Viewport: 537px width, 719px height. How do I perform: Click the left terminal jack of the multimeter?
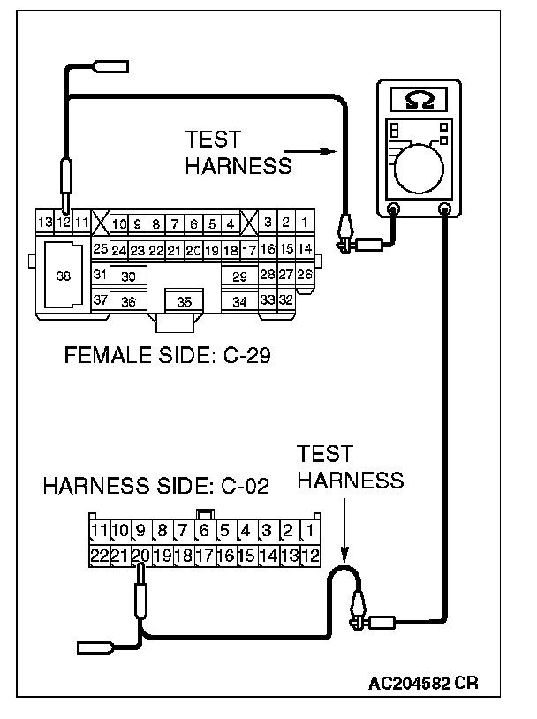pyautogui.click(x=394, y=209)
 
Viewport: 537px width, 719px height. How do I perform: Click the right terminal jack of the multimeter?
pyautogui.click(x=445, y=209)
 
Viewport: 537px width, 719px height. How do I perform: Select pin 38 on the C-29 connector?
pyautogui.click(x=63, y=276)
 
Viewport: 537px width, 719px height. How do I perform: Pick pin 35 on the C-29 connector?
pyautogui.click(x=184, y=301)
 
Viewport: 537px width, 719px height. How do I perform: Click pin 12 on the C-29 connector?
pyautogui.click(x=64, y=223)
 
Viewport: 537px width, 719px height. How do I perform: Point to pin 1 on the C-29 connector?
pyautogui.click(x=304, y=223)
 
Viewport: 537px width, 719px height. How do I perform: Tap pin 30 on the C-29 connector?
pyautogui.click(x=128, y=276)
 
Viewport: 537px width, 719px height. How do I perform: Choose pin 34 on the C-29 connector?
pyautogui.click(x=239, y=301)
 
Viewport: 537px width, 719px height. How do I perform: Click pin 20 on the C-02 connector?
pyautogui.click(x=140, y=556)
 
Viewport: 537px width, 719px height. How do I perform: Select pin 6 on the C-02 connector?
pyautogui.click(x=204, y=532)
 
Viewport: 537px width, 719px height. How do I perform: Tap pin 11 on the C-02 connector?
pyautogui.click(x=99, y=532)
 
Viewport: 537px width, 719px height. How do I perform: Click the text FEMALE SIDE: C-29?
pyautogui.click(x=167, y=357)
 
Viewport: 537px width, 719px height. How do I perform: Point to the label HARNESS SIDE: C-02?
pyautogui.click(x=155, y=487)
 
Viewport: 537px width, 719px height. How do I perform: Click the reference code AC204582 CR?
pyautogui.click(x=425, y=685)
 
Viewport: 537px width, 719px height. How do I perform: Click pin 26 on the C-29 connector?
pyautogui.click(x=304, y=275)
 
